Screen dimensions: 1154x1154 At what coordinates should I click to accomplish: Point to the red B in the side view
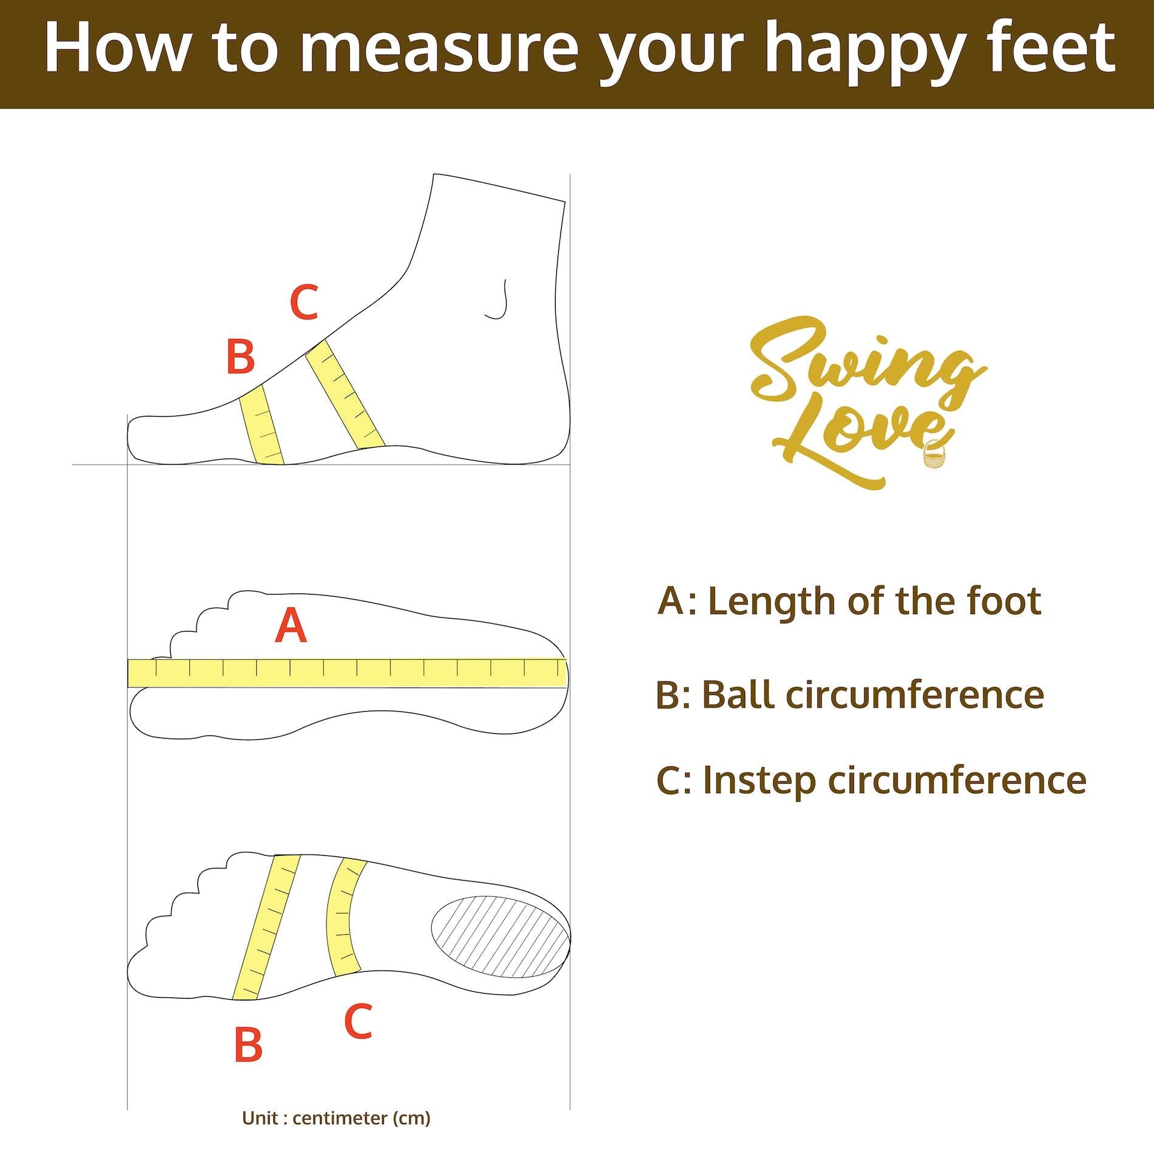coord(241,356)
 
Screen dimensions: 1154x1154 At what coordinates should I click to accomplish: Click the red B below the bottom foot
coord(248,1044)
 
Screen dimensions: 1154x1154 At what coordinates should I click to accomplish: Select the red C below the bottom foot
coord(358,1003)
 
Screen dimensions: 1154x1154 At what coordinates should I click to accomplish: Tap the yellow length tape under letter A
coord(347,672)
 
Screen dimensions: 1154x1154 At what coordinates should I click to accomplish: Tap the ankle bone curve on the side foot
coord(498,300)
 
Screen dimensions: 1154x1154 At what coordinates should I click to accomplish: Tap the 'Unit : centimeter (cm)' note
coord(336,1118)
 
